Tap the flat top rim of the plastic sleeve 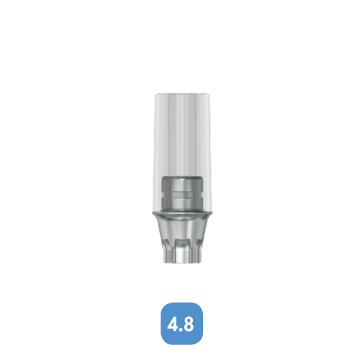[180, 94]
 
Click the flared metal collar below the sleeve [180, 216]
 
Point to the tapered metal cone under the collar [180, 234]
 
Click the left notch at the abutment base [168, 254]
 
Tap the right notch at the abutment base [192, 254]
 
